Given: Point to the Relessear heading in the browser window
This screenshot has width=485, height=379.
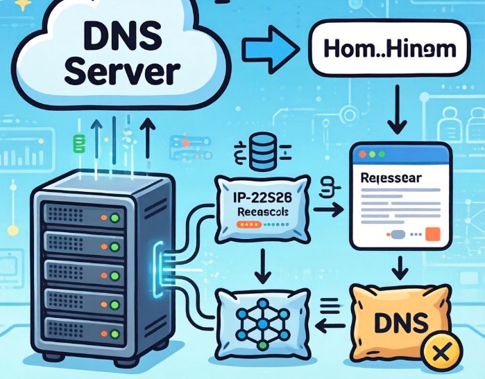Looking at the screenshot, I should [x=392, y=178].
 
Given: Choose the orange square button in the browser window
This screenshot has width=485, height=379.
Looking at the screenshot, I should [x=433, y=233].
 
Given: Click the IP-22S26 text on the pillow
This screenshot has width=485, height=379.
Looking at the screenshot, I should [x=263, y=197].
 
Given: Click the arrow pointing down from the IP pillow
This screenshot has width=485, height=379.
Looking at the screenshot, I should [x=263, y=266].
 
